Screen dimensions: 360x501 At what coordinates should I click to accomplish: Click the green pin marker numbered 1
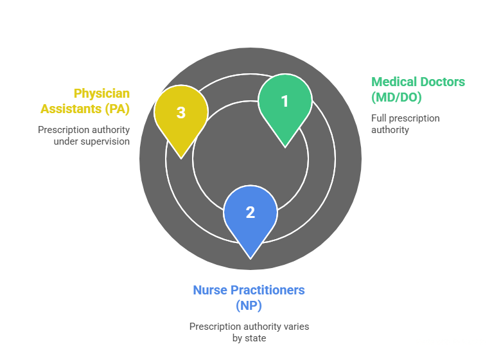285,103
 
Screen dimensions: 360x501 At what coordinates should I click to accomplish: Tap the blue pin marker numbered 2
251,214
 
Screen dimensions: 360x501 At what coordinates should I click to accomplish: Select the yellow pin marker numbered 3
181,114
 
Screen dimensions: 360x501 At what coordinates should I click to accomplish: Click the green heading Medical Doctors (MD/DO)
418,89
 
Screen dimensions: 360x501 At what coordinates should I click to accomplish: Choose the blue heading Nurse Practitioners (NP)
249,297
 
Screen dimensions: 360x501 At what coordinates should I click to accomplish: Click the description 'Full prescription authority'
405,124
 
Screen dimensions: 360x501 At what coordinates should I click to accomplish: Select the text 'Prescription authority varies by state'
249,332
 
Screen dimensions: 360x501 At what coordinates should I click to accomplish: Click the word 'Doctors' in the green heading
442,82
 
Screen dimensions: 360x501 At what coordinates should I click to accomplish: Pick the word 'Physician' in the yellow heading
101,93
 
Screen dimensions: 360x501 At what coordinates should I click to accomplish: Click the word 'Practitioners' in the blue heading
268,290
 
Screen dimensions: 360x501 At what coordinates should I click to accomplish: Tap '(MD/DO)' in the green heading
396,98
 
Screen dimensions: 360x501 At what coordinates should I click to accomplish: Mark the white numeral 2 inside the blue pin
251,213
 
